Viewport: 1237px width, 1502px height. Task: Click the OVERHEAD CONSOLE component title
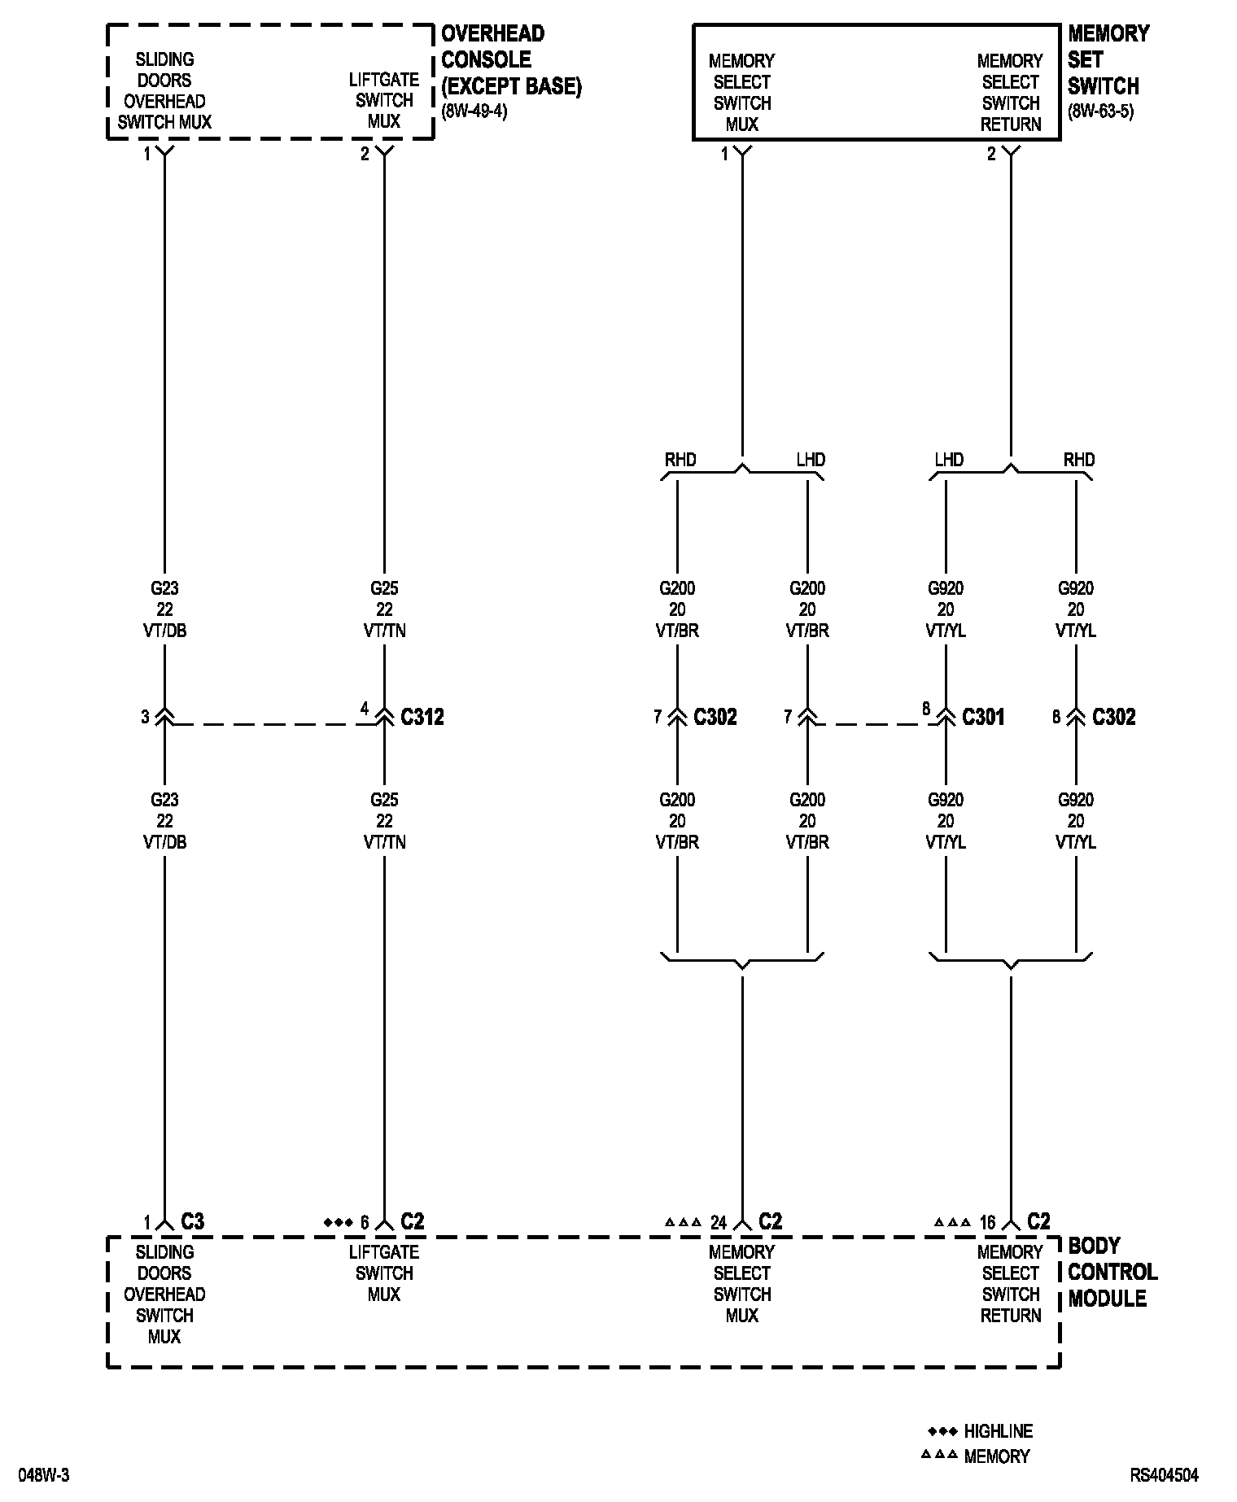[510, 59]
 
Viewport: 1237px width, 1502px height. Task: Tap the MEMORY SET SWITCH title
[1108, 59]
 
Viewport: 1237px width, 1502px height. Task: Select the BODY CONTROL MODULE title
[1112, 1272]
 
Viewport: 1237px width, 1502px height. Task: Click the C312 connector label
[422, 717]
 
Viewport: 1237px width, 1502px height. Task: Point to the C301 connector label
[983, 717]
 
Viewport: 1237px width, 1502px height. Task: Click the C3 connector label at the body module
[192, 1222]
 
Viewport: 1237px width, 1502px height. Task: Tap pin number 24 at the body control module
[718, 1222]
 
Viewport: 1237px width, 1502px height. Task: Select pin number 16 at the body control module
[987, 1222]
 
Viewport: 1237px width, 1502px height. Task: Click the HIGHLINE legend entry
[998, 1430]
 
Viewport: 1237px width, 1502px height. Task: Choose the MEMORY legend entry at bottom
[996, 1456]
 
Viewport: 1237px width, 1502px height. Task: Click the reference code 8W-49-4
[474, 111]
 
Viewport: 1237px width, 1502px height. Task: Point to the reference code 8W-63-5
[1100, 111]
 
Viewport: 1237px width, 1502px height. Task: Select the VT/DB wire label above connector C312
[165, 631]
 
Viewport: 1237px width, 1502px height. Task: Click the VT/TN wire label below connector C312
[384, 842]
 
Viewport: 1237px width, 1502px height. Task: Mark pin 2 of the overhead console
[365, 154]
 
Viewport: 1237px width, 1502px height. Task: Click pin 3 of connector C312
[146, 717]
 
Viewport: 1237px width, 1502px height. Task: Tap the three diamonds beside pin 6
[336, 1222]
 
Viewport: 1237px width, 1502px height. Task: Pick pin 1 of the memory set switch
[724, 154]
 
